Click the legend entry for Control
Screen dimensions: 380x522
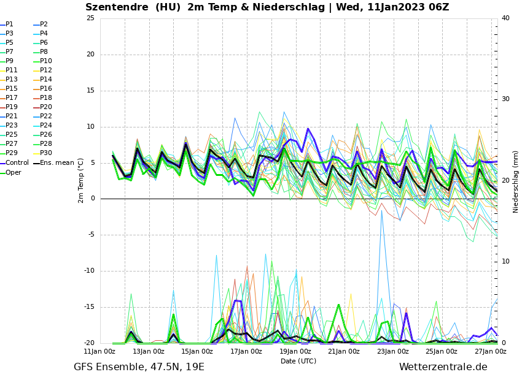click(x=17, y=163)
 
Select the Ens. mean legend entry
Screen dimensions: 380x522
click(x=56, y=163)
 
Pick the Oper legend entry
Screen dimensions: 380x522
click(x=14, y=173)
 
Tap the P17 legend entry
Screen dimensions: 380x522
click(x=12, y=98)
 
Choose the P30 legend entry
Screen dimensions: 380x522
click(x=46, y=153)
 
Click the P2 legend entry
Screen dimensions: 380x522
click(x=44, y=25)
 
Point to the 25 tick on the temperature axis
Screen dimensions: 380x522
click(x=90, y=18)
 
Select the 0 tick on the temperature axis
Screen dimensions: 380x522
click(x=92, y=199)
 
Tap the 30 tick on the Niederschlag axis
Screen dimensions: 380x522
click(x=506, y=99)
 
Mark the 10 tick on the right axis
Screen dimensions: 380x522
click(x=506, y=261)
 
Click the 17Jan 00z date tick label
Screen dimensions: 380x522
click(x=246, y=352)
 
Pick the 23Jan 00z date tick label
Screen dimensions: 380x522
click(x=392, y=352)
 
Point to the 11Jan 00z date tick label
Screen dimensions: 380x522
click(x=99, y=352)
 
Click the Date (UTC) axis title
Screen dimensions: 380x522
click(x=298, y=361)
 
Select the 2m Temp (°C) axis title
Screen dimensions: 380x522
click(x=80, y=180)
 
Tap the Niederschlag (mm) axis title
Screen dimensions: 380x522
click(x=516, y=181)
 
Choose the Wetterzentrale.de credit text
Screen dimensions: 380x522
click(x=443, y=367)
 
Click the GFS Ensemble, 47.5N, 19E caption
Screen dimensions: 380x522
click(x=139, y=367)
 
